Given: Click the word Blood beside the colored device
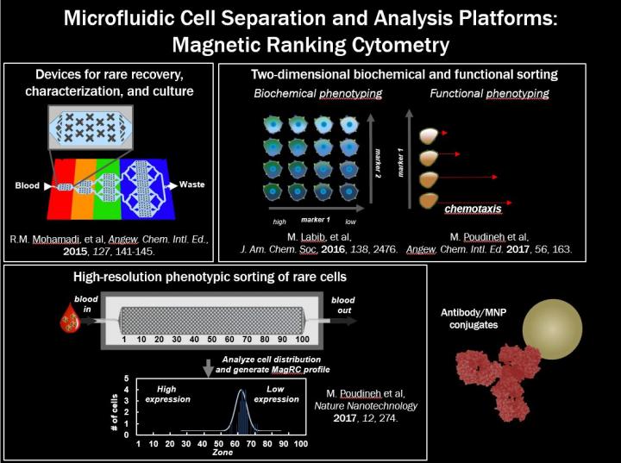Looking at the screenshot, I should pos(27,184).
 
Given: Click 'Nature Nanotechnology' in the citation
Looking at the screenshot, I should pos(378,404).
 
